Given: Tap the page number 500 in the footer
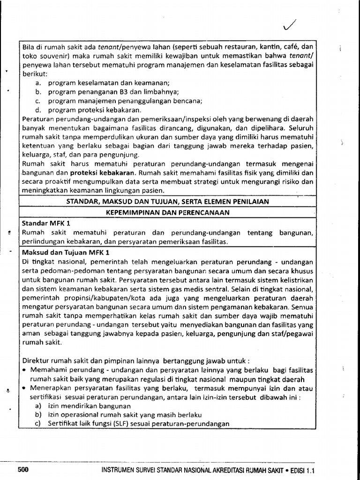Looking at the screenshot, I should (x=23, y=470).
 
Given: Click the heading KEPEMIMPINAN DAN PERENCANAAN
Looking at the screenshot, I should (x=166, y=212).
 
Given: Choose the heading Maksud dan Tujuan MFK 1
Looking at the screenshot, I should (x=62, y=252).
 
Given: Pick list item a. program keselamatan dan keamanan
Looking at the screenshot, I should (x=102, y=82).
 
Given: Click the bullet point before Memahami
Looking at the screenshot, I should (x=24, y=370).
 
